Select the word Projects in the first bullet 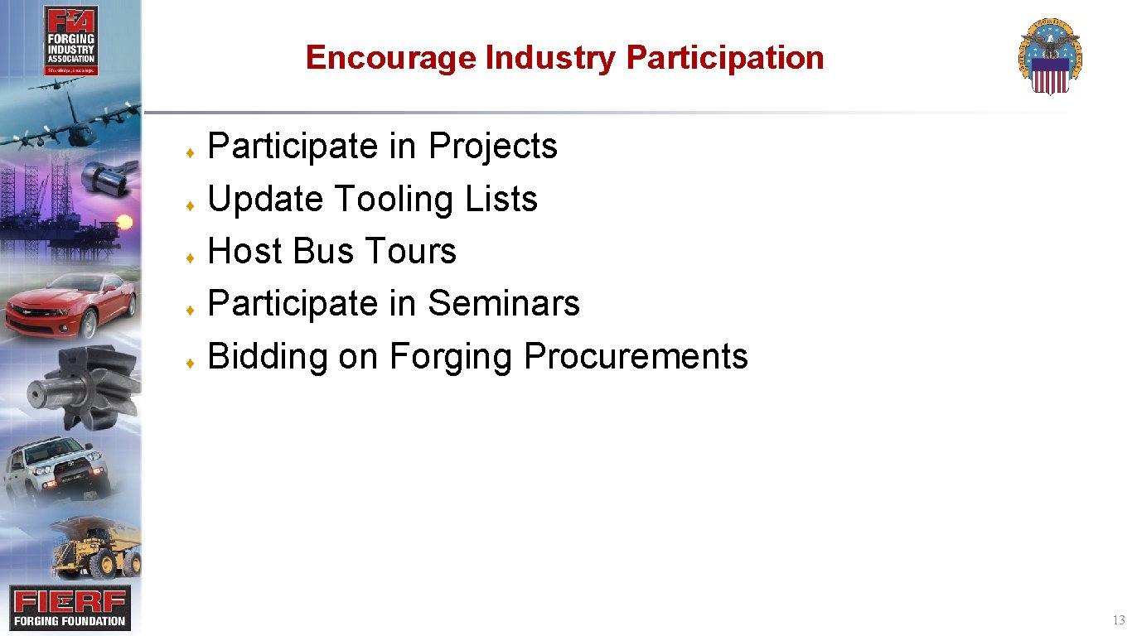coord(493,147)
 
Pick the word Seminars coord(504,303)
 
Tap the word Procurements coord(636,356)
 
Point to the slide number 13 coord(1119,620)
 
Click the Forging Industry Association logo coord(70,41)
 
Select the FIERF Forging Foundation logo coord(70,608)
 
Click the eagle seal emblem coord(1050,57)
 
